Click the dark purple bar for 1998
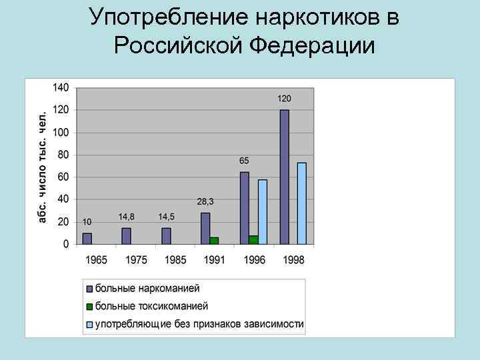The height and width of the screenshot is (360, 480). coord(285,177)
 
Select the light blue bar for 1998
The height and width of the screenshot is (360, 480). coord(302,203)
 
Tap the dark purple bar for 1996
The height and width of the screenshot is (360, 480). coord(245,208)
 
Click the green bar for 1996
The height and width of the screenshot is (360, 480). coord(253,240)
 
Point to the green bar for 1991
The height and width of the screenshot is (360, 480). coord(214,241)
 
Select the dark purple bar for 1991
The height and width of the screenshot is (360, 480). coord(205,228)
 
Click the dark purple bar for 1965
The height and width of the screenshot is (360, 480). coord(87,238)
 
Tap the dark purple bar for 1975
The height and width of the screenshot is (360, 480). coord(126,236)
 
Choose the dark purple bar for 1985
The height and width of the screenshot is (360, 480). coord(166,236)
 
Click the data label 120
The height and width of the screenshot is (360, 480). coord(285,99)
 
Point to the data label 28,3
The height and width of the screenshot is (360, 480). coord(205,201)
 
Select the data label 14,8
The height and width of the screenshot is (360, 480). coord(127,217)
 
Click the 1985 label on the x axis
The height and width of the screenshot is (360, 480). coord(175,259)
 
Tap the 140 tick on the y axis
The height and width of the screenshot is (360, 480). coord(61,87)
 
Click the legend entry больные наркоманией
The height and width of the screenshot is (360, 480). coord(147,289)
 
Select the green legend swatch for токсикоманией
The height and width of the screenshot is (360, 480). coord(89,307)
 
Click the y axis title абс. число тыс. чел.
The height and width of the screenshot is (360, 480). coord(43,167)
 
